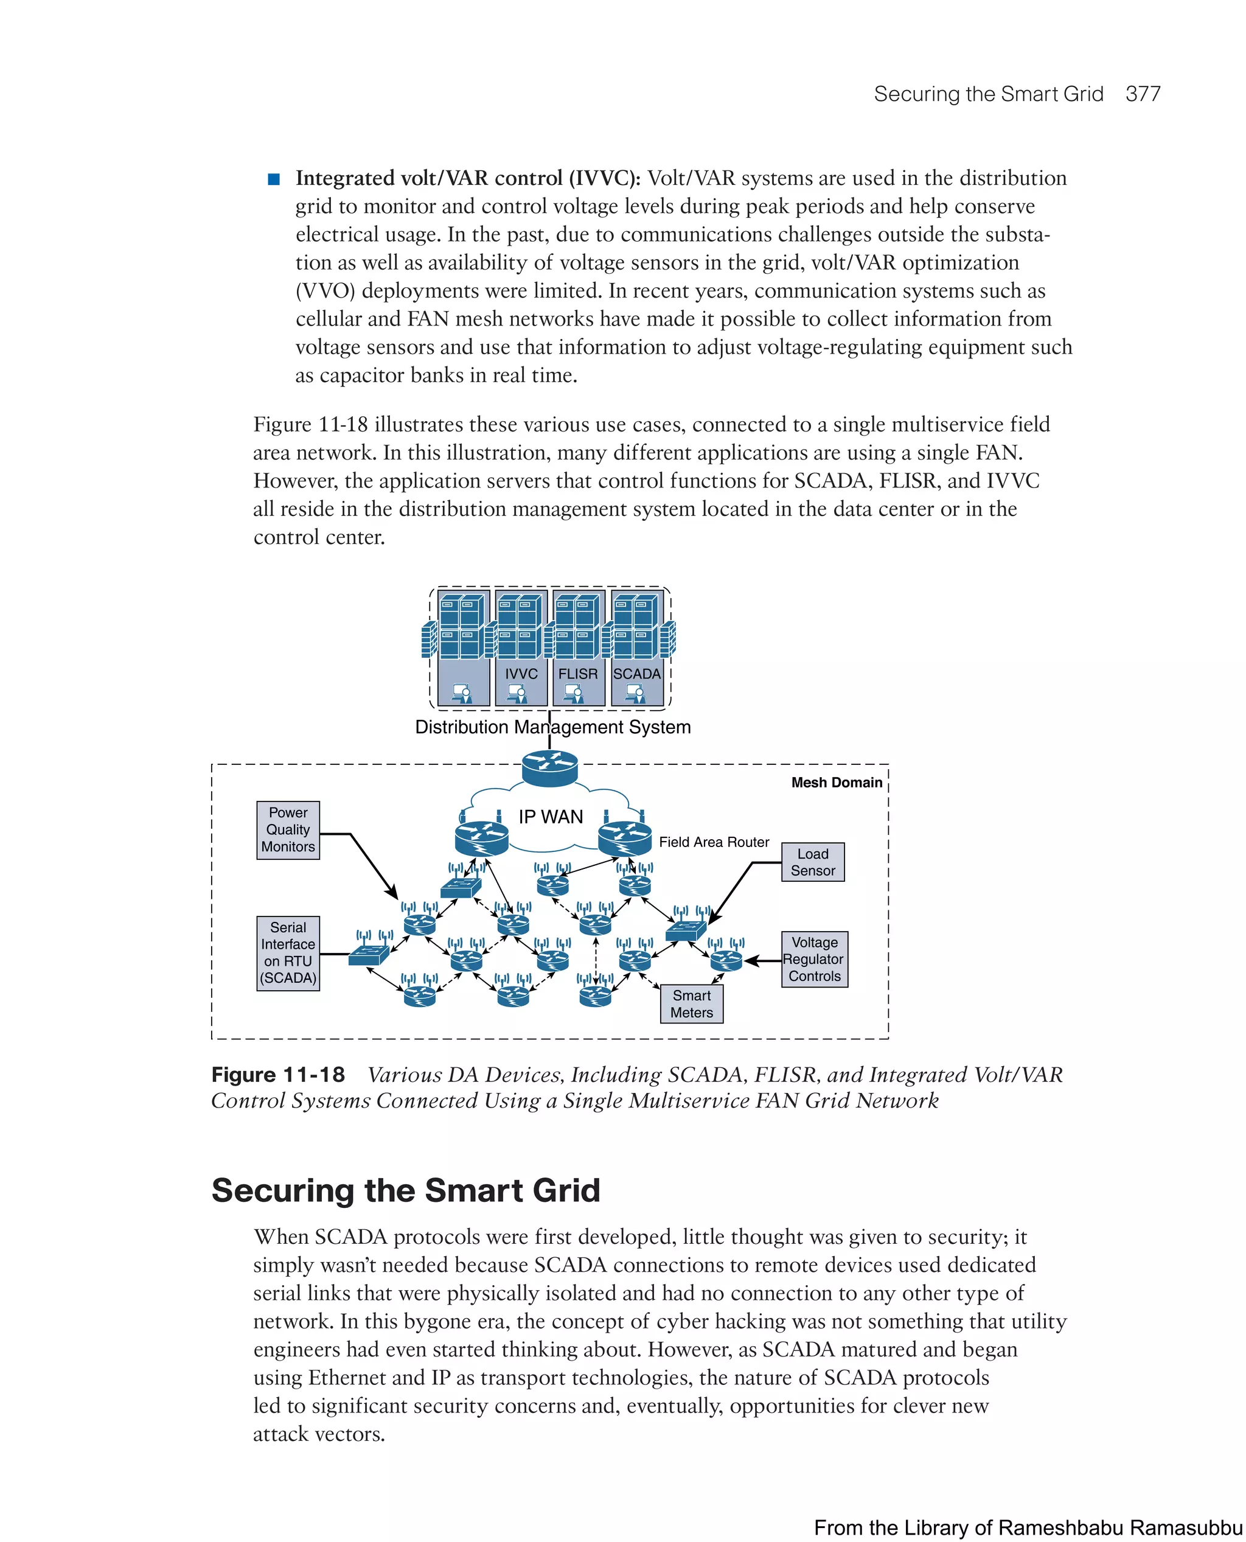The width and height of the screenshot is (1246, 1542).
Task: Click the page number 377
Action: [1142, 94]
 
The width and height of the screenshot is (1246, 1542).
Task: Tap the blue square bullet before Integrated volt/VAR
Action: [273, 179]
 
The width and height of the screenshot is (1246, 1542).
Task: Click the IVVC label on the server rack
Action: [521, 674]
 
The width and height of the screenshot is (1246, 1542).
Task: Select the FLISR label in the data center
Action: [578, 674]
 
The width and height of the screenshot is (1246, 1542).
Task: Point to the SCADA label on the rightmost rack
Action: [636, 674]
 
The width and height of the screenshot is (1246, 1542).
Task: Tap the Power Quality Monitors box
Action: [288, 830]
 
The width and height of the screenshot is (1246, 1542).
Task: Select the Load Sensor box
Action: [812, 862]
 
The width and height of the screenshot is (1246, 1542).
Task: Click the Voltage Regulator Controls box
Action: [814, 958]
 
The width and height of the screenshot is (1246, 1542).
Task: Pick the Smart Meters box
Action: [691, 1003]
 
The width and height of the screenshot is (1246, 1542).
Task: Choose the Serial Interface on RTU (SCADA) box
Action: [288, 952]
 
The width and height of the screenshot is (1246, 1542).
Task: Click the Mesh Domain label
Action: [836, 783]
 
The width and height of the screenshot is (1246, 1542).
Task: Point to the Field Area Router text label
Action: [714, 842]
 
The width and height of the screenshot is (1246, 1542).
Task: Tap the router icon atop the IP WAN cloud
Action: [550, 767]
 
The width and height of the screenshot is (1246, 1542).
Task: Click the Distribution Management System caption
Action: [552, 727]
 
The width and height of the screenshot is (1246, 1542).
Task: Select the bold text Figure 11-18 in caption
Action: [278, 1075]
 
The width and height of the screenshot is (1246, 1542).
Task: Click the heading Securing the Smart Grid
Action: [406, 1190]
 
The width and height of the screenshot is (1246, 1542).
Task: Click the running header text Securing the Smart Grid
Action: [987, 94]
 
